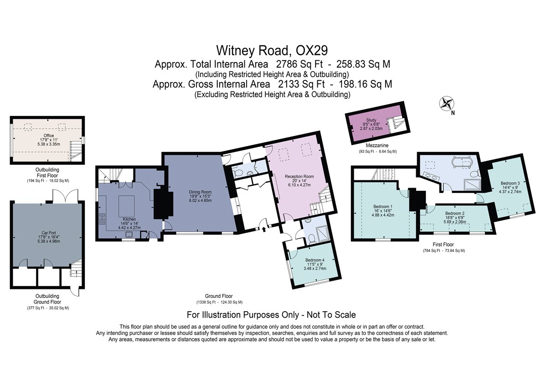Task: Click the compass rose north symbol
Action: (446, 103)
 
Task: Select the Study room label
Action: (371, 120)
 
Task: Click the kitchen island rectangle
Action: (126, 206)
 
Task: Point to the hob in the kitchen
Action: (102, 219)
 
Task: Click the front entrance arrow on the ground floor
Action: (264, 229)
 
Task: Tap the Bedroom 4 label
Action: (315, 260)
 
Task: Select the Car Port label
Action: (49, 233)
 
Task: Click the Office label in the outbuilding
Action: (49, 136)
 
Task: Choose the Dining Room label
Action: (200, 192)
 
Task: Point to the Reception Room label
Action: (299, 176)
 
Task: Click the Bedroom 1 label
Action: (383, 206)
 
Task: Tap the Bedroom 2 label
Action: (455, 213)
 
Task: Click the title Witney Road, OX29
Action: (272, 51)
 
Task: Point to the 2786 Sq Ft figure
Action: (299, 64)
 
